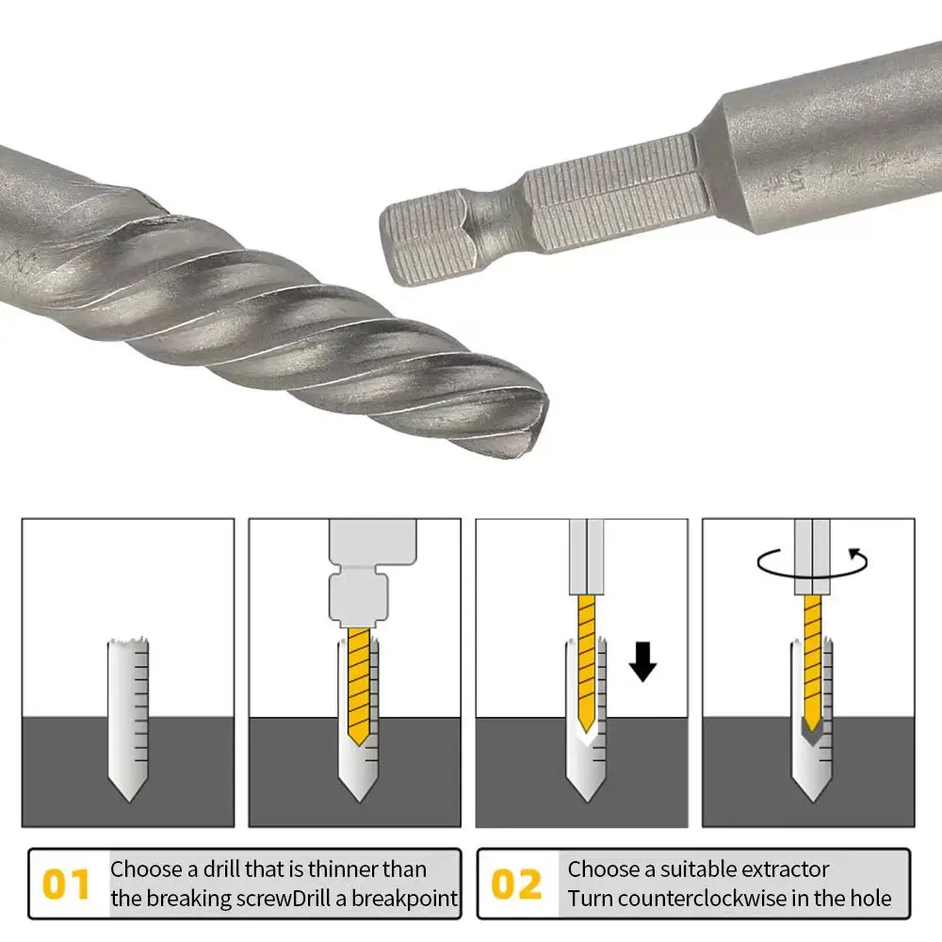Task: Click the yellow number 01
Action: point(66,885)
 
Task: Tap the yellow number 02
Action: point(517,885)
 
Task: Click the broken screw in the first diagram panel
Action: point(128,716)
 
